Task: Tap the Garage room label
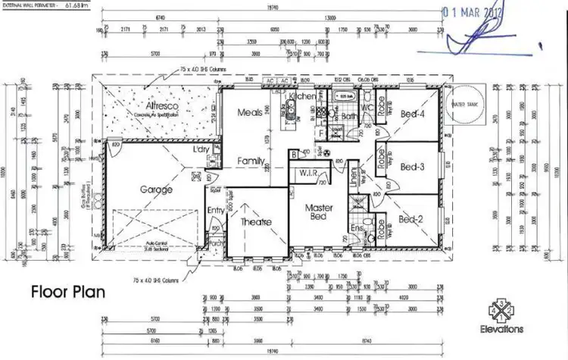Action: [x=156, y=189]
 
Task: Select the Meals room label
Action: [x=250, y=112]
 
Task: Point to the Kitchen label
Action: [x=302, y=97]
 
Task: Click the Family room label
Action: [x=251, y=161]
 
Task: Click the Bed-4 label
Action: [x=413, y=114]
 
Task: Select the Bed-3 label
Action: [x=413, y=166]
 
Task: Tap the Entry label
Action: [x=216, y=211]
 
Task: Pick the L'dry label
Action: [x=201, y=149]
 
